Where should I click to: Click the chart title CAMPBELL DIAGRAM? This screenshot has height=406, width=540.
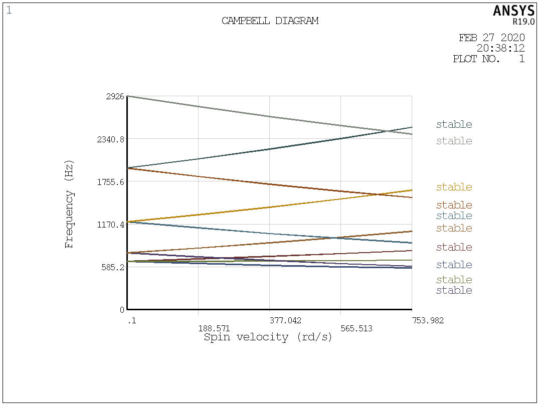270,21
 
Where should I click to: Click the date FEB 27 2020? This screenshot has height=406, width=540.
491,38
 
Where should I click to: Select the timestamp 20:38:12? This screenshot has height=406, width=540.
500,49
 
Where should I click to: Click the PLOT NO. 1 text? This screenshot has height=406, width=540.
488,59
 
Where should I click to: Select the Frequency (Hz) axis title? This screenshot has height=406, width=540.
69,204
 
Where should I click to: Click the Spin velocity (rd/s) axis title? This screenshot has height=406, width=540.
268,337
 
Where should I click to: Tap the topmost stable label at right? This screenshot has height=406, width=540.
454,125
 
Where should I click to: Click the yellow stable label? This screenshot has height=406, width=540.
454,187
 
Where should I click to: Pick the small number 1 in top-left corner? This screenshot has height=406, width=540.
9,10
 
